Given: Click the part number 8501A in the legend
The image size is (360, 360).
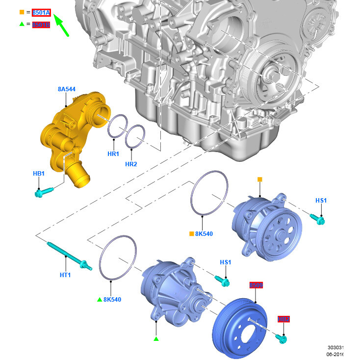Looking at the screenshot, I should pos(41,12).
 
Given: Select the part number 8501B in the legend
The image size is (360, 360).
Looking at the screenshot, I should pos(41,25).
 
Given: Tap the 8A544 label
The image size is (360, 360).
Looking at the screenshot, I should pos(67,89).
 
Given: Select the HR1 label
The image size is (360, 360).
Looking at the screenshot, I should pos(113,154).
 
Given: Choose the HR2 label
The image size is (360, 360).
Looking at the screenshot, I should pos(131,164).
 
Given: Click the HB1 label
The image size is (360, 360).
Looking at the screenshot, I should pos(39,174).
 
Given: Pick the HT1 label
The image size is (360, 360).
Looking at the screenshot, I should pos(66,275).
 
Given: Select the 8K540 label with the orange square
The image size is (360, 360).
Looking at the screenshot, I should pos(204,234).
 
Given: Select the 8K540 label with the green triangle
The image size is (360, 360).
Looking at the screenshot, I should pos(112,299).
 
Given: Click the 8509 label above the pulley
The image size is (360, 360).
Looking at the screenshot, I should pos(256,285).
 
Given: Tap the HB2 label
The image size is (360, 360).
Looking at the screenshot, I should pos(283,319).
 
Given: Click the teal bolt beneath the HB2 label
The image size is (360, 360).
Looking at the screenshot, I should pos(282,338).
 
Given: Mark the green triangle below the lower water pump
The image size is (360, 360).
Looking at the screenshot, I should pos(156,339).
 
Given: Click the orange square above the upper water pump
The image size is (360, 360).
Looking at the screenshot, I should pos(259,180).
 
